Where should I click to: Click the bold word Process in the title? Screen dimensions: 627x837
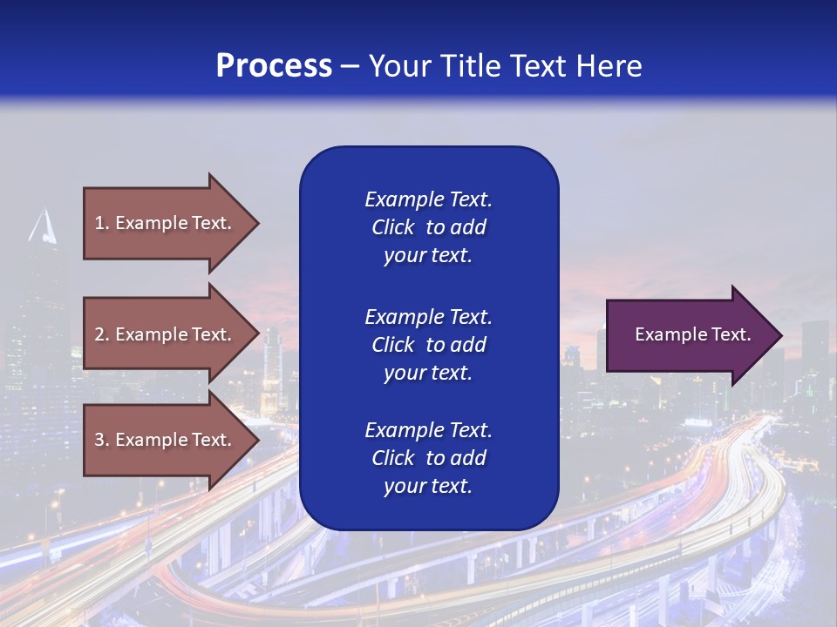tap(274, 66)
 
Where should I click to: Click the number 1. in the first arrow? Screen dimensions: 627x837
tap(101, 223)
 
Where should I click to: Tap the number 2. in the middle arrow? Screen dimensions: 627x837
tap(101, 334)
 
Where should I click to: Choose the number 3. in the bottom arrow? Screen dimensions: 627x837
tap(101, 440)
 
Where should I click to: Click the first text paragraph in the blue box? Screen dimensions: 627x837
tap(428, 227)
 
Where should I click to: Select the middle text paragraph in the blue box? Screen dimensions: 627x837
tap(428, 345)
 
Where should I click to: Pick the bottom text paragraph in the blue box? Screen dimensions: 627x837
tap(428, 458)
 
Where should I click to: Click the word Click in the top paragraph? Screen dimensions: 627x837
tap(392, 227)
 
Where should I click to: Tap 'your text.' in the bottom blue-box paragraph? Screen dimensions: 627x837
tap(428, 487)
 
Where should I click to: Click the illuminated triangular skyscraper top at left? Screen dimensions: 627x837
tap(42, 228)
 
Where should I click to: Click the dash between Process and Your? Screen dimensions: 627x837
tap(350, 66)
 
